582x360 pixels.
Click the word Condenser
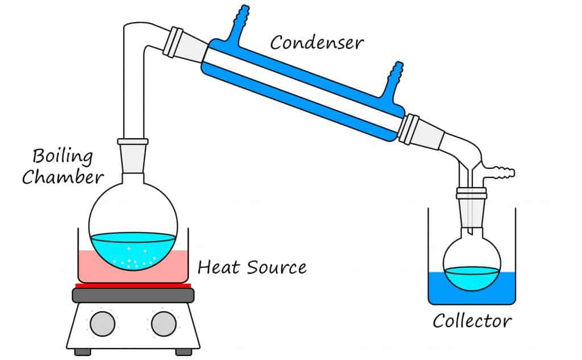tap(317, 42)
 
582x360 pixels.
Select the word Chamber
tap(63, 177)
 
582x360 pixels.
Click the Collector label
tap(472, 321)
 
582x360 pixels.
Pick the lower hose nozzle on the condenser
tap(392, 82)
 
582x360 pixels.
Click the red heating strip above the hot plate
tap(134, 285)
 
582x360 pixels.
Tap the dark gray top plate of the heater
tap(134, 295)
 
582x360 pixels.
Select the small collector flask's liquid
tap(472, 277)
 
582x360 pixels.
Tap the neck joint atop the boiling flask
tap(132, 149)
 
